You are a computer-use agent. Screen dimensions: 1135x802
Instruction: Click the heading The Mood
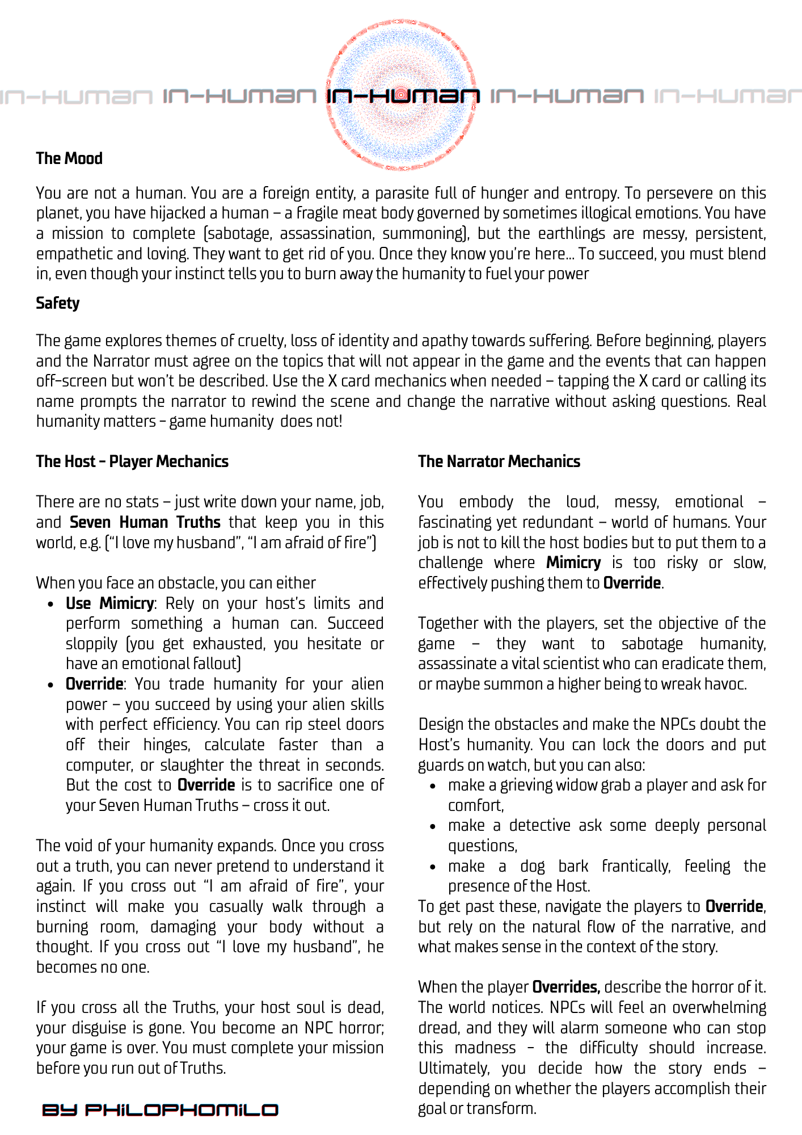point(69,158)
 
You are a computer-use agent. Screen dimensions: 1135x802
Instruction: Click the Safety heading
point(57,303)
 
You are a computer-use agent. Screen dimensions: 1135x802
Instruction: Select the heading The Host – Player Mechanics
point(132,461)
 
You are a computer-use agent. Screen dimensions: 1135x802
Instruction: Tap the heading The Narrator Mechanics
point(499,461)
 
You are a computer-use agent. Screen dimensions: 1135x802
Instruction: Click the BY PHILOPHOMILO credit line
point(160,1110)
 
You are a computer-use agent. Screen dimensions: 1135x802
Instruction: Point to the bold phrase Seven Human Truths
point(145,522)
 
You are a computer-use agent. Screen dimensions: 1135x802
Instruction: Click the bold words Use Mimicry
point(109,603)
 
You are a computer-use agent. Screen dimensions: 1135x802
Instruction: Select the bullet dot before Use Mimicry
point(51,604)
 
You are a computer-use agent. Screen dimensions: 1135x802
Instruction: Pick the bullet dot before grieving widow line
point(433,786)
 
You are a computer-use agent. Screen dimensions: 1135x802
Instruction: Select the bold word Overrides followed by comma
point(565,987)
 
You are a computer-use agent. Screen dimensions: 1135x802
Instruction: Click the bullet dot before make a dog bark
point(433,867)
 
